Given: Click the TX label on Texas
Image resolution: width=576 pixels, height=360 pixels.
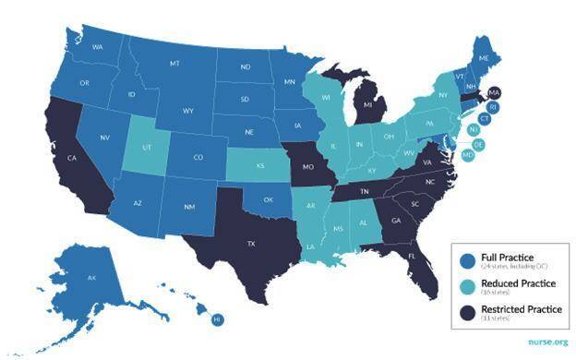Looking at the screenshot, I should [250, 245].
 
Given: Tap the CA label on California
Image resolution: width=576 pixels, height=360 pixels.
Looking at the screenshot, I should [71, 158].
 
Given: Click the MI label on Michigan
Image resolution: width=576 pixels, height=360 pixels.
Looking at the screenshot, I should [367, 106].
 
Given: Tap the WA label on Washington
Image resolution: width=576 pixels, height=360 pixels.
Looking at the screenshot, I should [97, 46].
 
